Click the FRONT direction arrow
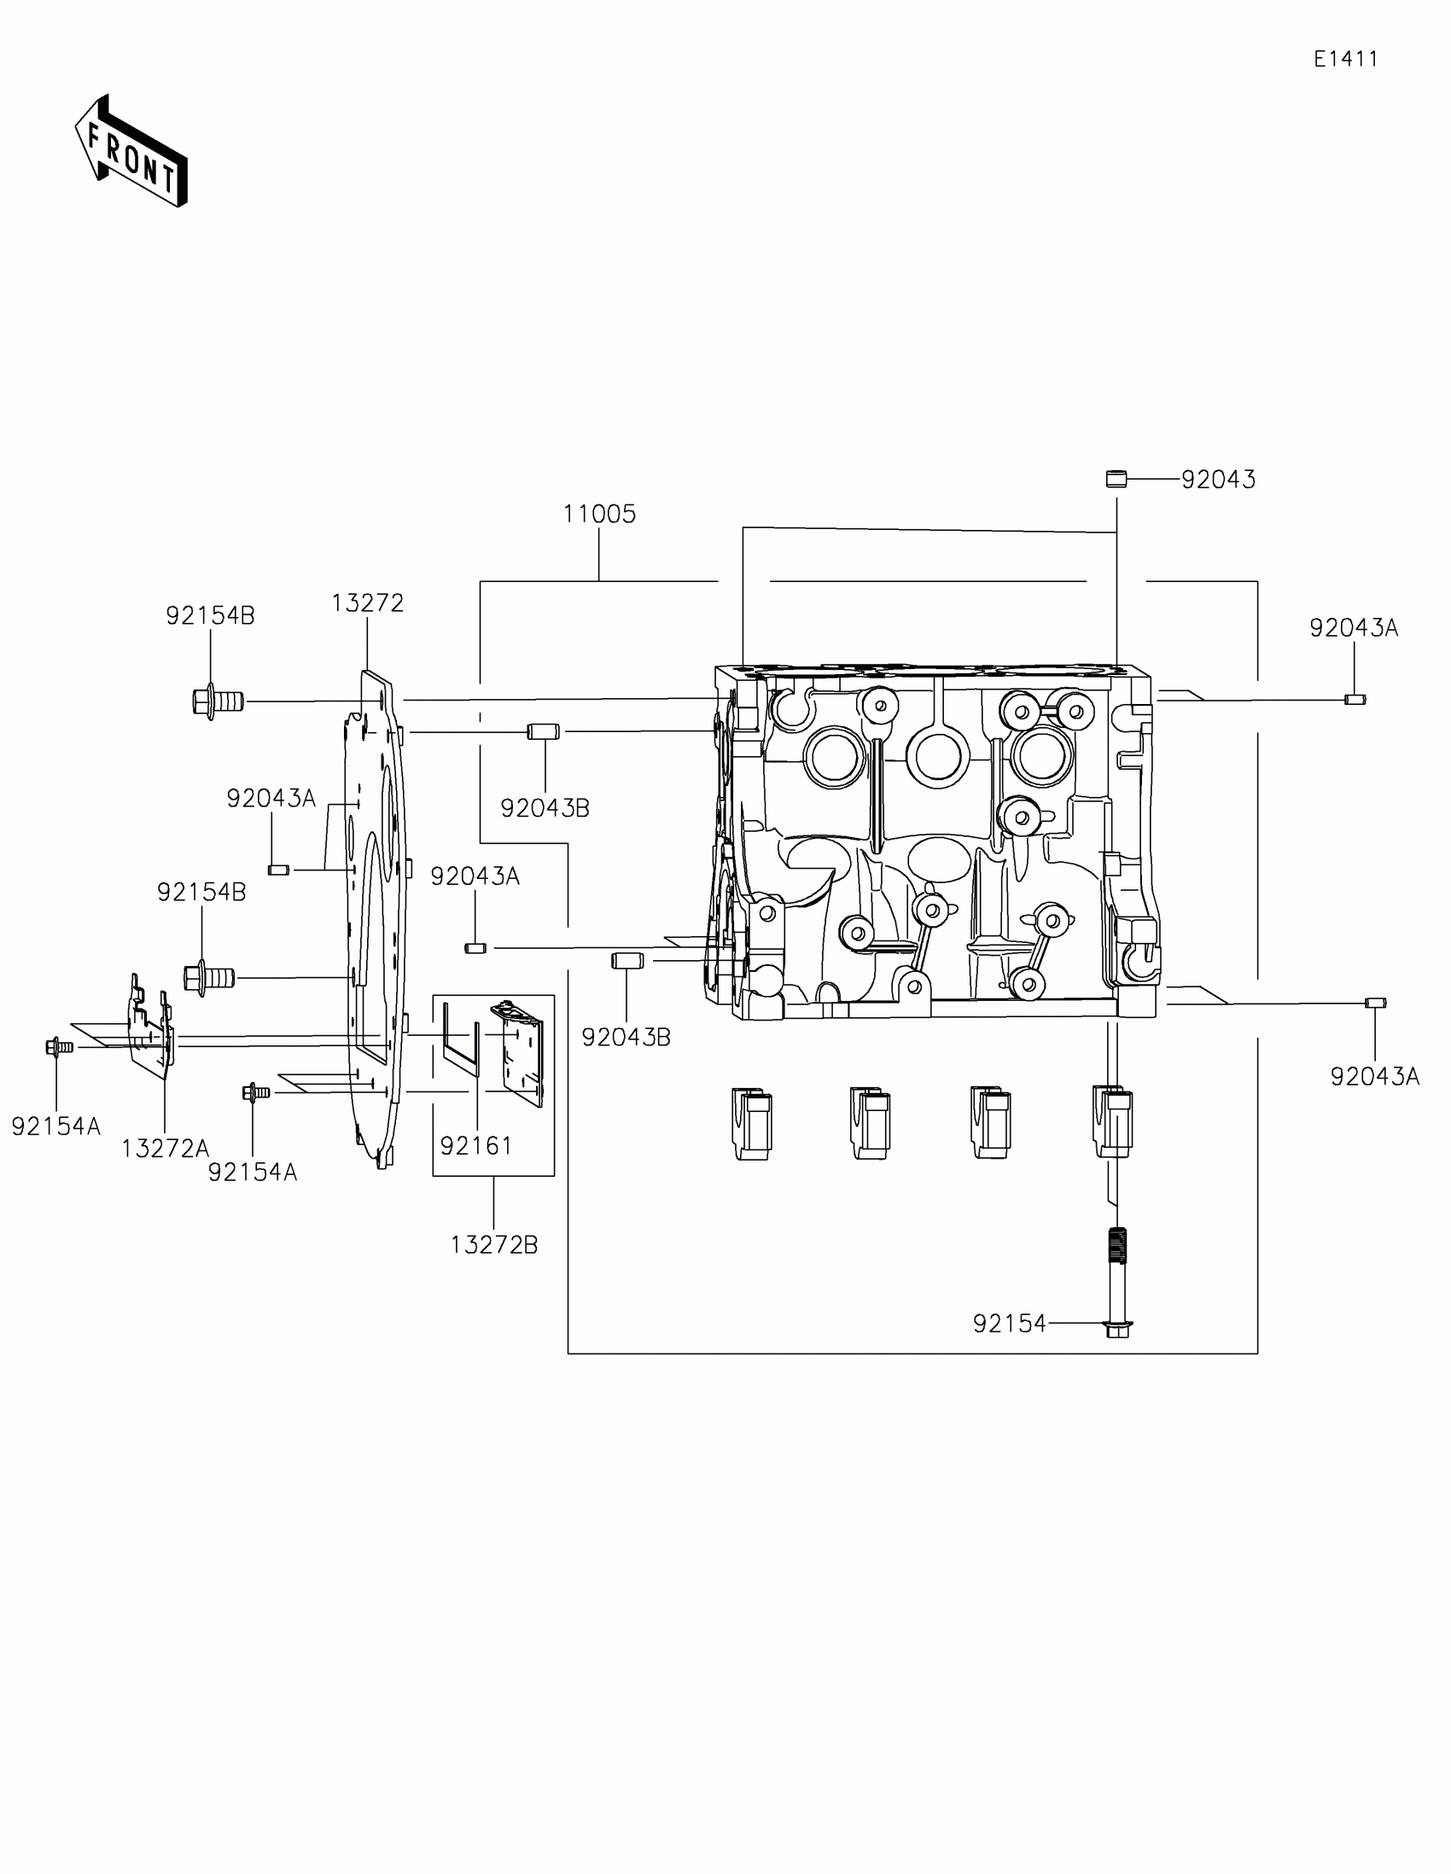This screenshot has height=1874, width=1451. [x=131, y=152]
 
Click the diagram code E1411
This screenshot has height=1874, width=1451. [x=1345, y=59]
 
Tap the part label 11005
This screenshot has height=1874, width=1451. [x=599, y=514]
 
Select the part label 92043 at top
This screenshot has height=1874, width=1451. [x=1218, y=480]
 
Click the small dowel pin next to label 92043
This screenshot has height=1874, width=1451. [x=1116, y=479]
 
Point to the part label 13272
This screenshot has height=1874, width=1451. [x=367, y=603]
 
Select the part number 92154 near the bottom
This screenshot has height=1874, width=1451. [x=1009, y=1324]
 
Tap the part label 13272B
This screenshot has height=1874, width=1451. [x=494, y=1245]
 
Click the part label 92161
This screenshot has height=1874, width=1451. [x=475, y=1145]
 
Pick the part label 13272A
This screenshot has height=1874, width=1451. [x=165, y=1148]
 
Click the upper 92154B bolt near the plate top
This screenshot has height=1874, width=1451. [x=217, y=701]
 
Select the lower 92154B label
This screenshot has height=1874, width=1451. [x=201, y=893]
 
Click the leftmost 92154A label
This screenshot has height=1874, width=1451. [x=55, y=1126]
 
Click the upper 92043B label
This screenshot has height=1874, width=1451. [x=545, y=808]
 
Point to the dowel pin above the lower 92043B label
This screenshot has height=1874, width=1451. [x=626, y=960]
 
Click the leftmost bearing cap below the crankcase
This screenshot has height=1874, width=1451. [x=751, y=1123]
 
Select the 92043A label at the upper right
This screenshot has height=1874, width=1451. [x=1353, y=628]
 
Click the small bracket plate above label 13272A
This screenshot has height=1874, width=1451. [x=151, y=1029]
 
